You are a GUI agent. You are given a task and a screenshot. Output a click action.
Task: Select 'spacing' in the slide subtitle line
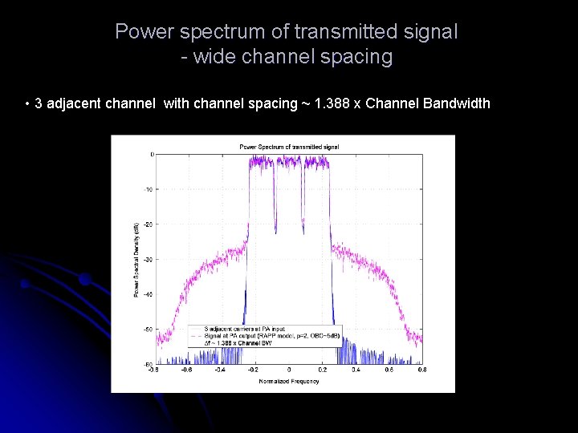click(356, 57)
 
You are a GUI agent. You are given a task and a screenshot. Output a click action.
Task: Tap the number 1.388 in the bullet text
click(332, 103)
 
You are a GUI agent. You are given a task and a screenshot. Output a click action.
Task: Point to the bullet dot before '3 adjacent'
click(28, 104)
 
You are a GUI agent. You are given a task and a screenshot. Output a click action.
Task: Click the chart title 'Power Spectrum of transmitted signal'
click(289, 147)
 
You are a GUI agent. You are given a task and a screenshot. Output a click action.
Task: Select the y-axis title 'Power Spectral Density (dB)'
click(136, 260)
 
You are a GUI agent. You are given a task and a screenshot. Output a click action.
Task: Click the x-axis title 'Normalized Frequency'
click(289, 381)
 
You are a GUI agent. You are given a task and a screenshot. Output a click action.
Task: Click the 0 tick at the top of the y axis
click(152, 154)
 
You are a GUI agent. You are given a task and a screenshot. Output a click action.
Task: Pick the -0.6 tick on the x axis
click(187, 370)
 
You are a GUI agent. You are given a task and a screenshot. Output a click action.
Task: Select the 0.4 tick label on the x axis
click(356, 370)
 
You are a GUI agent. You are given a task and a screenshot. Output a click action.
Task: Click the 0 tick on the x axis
click(289, 370)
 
